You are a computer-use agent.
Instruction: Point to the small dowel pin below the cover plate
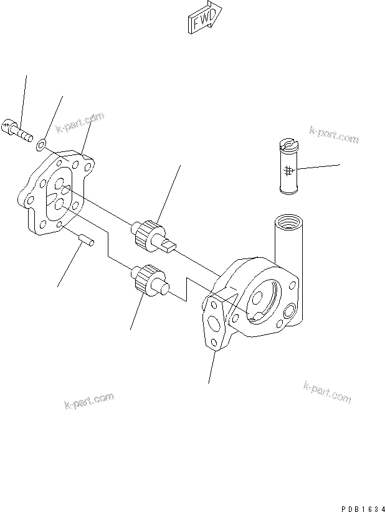[87, 239]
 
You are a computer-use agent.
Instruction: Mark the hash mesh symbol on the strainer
[288, 171]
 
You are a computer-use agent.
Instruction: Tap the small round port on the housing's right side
[290, 309]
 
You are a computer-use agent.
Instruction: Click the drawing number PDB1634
[361, 505]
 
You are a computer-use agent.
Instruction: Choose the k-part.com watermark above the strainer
[334, 135]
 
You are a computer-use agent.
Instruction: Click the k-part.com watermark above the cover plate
[79, 123]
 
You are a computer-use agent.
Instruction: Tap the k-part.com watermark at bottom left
[89, 401]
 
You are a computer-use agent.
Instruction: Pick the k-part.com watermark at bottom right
[328, 392]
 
